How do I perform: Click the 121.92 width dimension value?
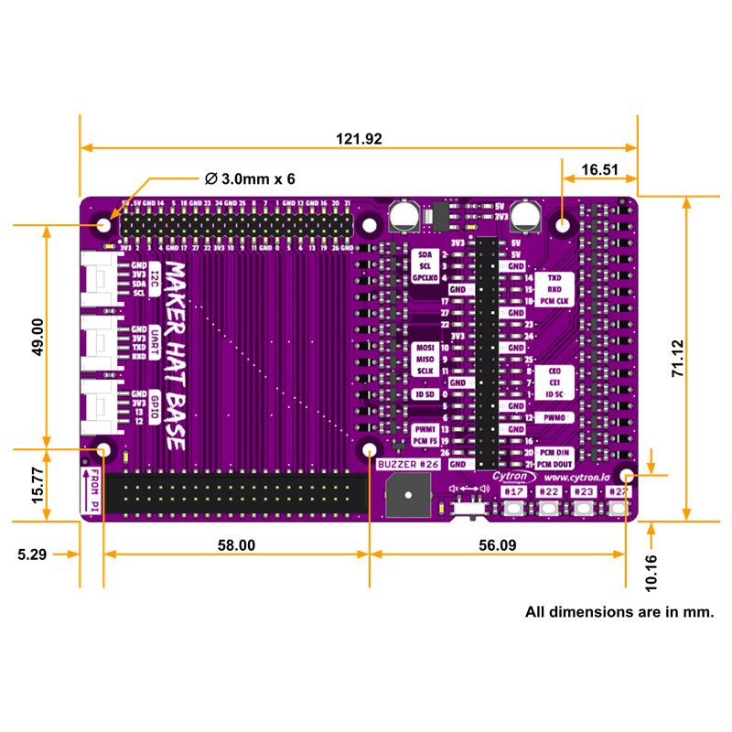coord(359,139)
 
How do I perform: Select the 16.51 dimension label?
coord(599,169)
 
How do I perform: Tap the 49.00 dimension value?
coord(38,337)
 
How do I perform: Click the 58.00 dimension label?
coord(235,544)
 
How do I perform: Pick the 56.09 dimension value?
coord(497,544)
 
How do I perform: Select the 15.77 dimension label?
coord(38,485)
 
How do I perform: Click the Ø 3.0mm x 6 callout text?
coord(250,178)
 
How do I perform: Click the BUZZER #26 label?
coord(409,465)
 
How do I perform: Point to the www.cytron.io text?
coord(576,477)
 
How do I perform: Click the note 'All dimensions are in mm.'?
coord(619,610)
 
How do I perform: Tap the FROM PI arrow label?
coord(92,490)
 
